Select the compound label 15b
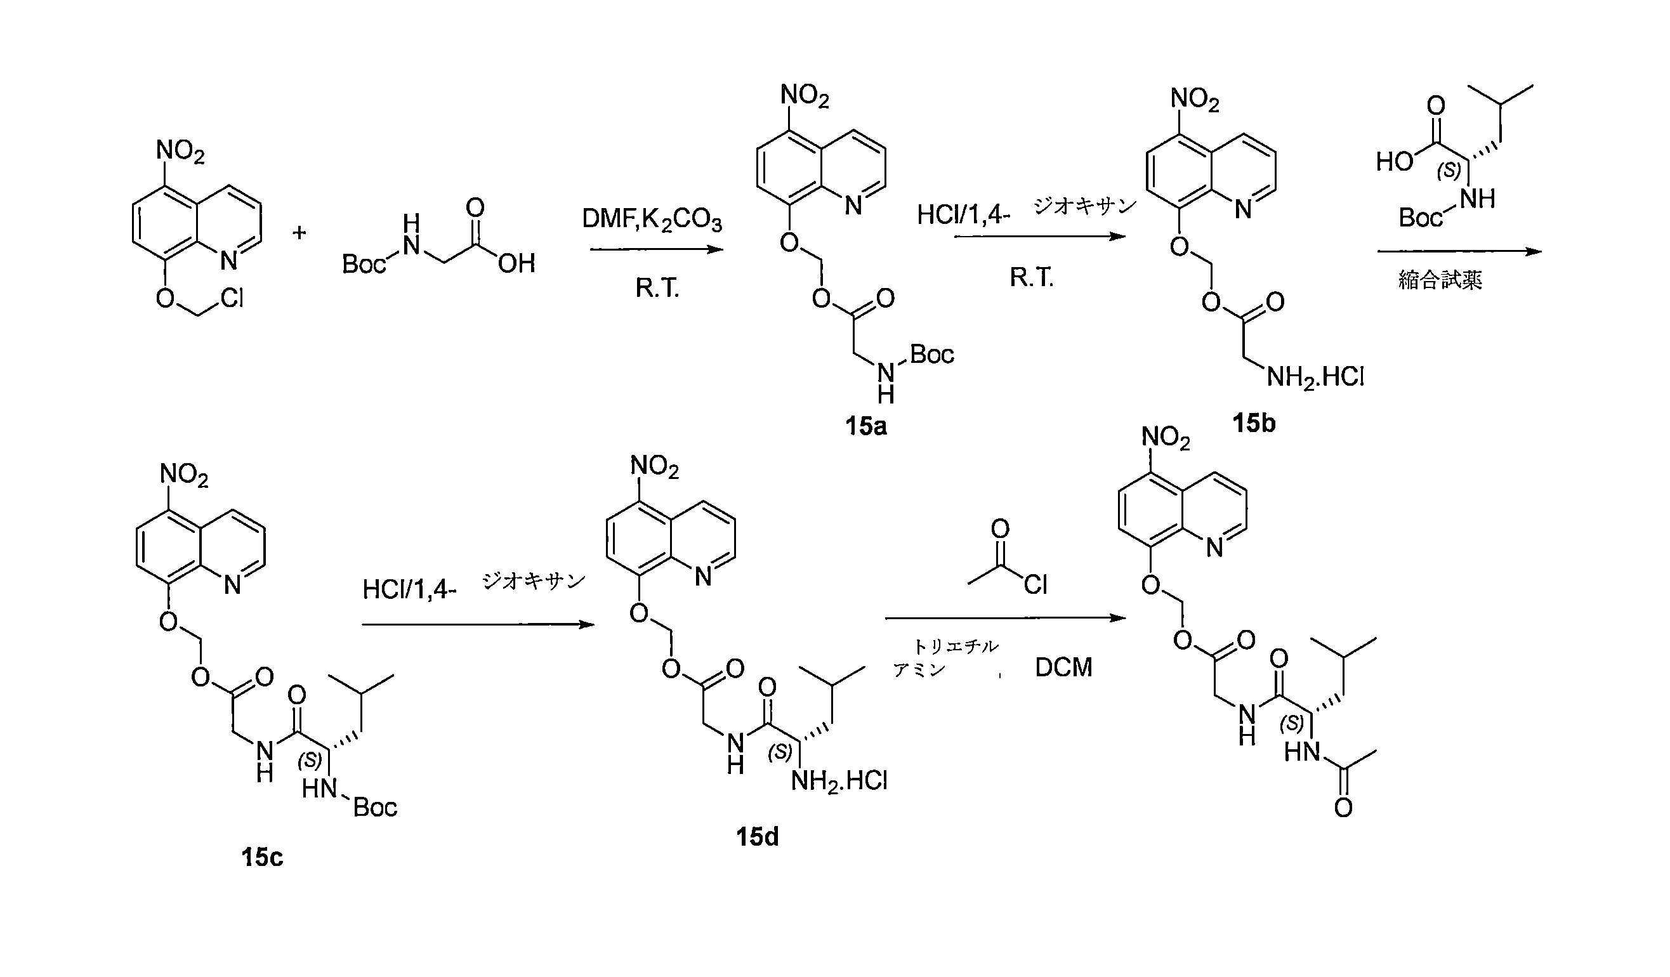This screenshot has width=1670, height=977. tap(1253, 423)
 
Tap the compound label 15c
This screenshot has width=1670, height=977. tap(263, 857)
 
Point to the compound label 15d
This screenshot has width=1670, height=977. tap(758, 837)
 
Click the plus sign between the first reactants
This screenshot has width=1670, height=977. tap(299, 233)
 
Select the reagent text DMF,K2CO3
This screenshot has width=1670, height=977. tap(652, 220)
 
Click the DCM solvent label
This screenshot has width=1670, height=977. tap(1063, 667)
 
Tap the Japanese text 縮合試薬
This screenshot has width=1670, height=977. tap(1440, 280)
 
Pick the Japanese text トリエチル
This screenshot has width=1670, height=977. tap(955, 646)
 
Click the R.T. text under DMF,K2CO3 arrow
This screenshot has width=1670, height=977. tap(657, 287)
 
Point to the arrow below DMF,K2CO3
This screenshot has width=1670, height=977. tap(656, 250)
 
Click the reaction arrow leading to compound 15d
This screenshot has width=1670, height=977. tap(478, 624)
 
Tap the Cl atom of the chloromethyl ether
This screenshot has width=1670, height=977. tap(232, 299)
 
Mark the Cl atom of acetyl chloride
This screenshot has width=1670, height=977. tap(1035, 584)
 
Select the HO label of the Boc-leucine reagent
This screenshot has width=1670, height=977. tap(1395, 161)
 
